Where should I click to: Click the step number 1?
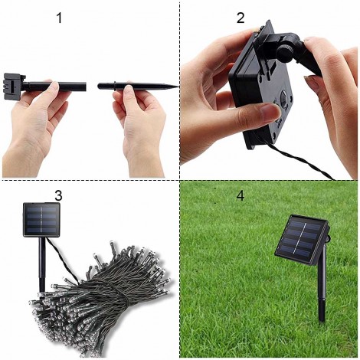coord(59,18)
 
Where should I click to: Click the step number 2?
coord(241,18)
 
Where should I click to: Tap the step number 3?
coord(58,195)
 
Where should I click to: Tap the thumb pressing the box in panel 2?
coord(257,115)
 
